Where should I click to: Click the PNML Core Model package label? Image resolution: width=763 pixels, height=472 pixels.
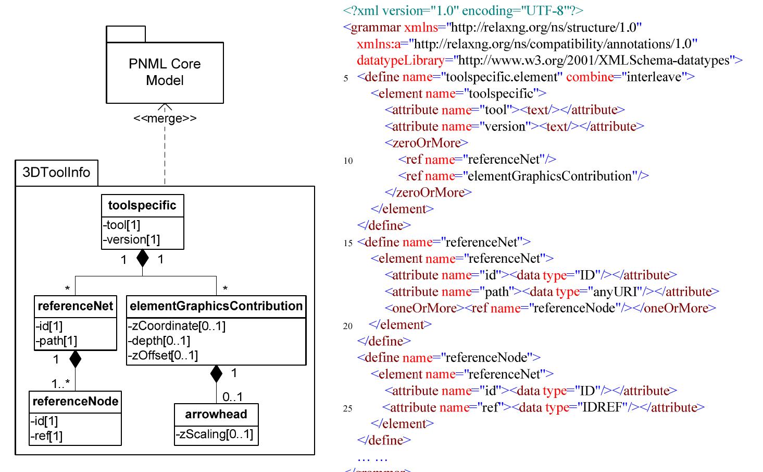coord(165,72)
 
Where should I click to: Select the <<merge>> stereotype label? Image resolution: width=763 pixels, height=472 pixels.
coord(165,118)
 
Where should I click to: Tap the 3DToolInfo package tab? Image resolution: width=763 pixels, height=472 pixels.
coord(56,173)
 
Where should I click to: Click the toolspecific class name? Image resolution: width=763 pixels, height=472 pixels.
coord(142,205)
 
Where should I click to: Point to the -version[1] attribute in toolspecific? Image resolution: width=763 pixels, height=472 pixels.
coord(131,240)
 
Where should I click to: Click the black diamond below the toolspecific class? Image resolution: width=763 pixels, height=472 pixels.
coord(142,258)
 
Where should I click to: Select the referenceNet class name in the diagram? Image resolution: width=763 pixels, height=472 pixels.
coord(76,306)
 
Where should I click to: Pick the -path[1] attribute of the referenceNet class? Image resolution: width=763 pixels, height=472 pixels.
coord(56,341)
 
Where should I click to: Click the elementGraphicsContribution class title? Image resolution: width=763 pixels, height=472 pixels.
coord(216,306)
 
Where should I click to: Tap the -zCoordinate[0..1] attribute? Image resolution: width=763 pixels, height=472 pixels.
coord(177,326)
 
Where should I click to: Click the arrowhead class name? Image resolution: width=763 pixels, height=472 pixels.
coord(216,415)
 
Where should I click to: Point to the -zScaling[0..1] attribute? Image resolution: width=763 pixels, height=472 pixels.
coord(215,434)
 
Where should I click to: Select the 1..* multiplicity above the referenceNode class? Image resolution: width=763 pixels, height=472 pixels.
coord(60,384)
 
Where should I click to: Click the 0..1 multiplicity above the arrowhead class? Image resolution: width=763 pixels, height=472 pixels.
coord(232,397)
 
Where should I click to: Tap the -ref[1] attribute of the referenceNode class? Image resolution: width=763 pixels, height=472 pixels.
coord(46,436)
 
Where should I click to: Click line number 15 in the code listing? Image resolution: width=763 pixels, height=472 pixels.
coord(348,243)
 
